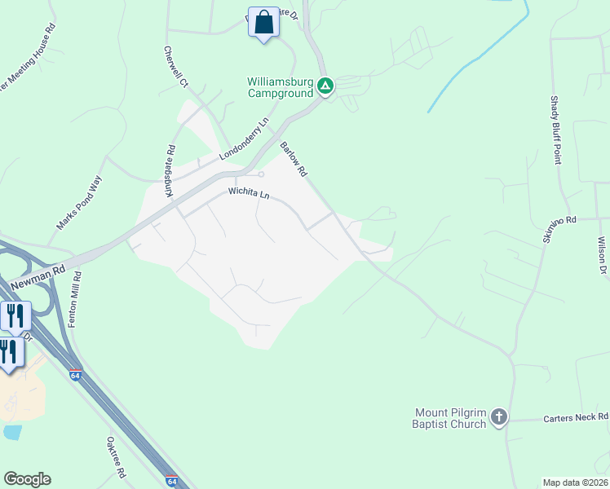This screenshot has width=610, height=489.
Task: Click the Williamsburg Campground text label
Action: (x=281, y=87)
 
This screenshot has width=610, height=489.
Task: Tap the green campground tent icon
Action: (x=325, y=86)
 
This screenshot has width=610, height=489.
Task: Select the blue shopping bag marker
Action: (x=263, y=22)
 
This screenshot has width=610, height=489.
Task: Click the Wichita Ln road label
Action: (x=248, y=194)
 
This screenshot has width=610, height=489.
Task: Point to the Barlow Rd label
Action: (x=293, y=160)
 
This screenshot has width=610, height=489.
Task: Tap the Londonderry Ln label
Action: (x=244, y=141)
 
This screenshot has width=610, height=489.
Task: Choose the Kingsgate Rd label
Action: (x=170, y=171)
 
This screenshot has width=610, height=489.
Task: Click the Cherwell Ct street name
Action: (x=175, y=67)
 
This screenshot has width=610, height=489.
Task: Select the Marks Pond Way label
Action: (x=78, y=203)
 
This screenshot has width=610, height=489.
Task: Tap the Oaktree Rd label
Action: (x=116, y=458)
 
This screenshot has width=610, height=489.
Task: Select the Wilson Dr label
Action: (x=602, y=255)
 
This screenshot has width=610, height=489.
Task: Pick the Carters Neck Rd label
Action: (x=575, y=418)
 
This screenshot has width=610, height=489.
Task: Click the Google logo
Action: (x=27, y=479)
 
